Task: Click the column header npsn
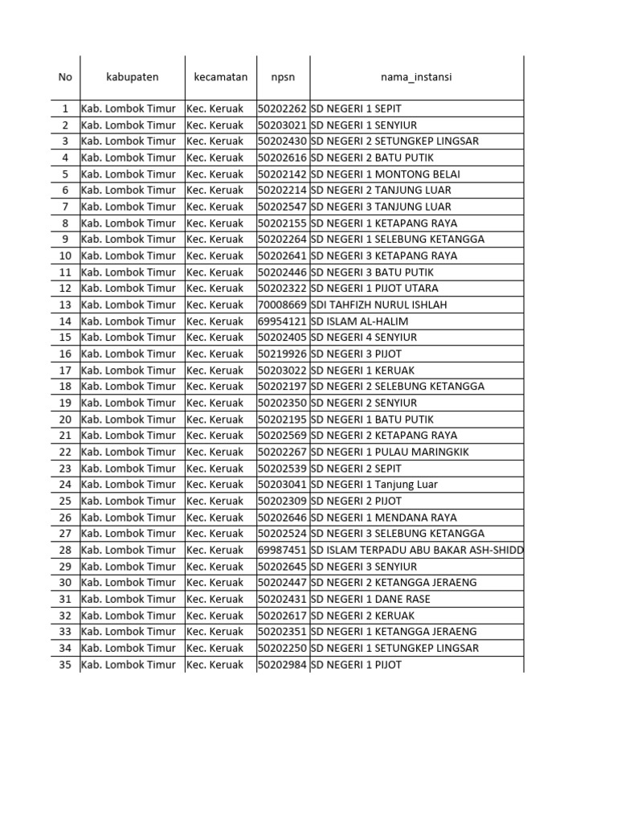tap(283, 77)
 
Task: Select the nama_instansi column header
tap(416, 77)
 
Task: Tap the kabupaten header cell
tap(133, 77)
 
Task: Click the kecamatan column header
tap(221, 77)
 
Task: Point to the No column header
tap(65, 77)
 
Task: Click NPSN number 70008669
tap(283, 305)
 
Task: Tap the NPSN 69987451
tap(283, 550)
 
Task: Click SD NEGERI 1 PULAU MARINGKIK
tap(390, 452)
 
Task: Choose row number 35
tap(65, 665)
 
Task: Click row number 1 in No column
tap(65, 109)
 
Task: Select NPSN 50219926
tap(283, 354)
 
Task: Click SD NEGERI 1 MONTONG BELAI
tap(386, 174)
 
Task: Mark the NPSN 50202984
tap(283, 665)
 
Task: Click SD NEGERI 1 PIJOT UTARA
tap(374, 288)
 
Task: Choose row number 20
tap(65, 419)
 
